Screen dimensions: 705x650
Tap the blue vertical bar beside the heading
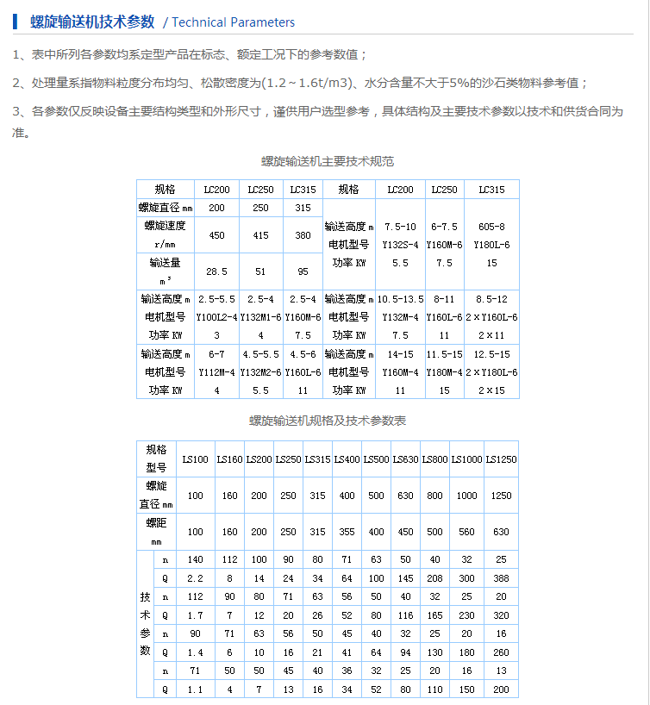(15, 22)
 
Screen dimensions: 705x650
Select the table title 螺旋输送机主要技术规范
(328, 161)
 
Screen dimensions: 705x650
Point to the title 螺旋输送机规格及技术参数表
(328, 421)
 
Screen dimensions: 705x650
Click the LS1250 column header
(501, 459)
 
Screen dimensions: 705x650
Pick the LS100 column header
(195, 459)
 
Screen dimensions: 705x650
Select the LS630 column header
(406, 459)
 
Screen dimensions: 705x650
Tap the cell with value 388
(501, 577)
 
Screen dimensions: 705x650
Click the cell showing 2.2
(195, 577)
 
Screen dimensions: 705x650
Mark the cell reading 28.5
(216, 271)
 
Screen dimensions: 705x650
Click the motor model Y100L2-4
(216, 316)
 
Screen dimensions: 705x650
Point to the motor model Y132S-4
(400, 245)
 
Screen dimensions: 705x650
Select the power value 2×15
(491, 390)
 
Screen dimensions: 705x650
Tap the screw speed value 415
(261, 235)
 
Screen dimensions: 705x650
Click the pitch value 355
(347, 532)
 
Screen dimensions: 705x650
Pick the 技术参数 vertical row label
(144, 623)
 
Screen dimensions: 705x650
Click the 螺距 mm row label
(155, 532)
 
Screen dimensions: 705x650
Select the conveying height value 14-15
(400, 353)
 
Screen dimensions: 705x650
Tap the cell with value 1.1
(195, 689)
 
